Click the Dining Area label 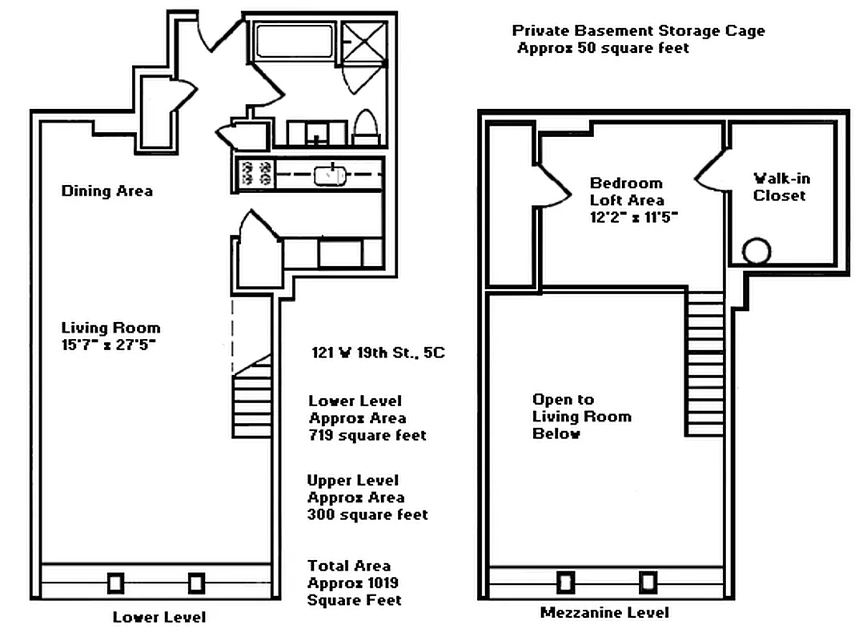click(x=107, y=191)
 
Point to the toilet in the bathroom click(x=365, y=128)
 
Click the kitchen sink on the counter click(x=329, y=174)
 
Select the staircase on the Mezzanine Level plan click(x=704, y=365)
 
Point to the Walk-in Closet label click(x=781, y=187)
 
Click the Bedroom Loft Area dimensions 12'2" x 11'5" click(x=634, y=217)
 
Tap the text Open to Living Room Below click(x=581, y=417)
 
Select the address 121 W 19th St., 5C click(x=378, y=352)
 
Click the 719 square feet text click(x=367, y=436)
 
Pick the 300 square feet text click(x=367, y=514)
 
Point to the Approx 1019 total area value click(x=353, y=583)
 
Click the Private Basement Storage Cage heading click(x=638, y=31)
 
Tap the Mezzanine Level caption click(x=604, y=613)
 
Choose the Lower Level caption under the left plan click(x=159, y=617)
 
